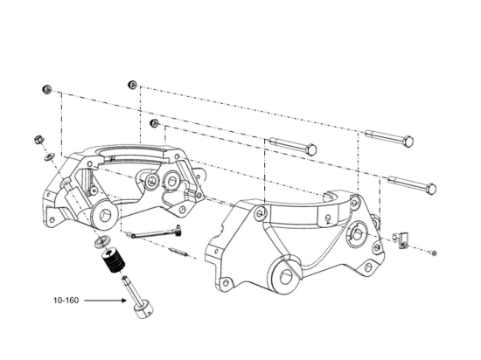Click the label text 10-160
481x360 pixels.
pyautogui.click(x=66, y=301)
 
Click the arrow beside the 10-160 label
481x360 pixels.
pyautogui.click(x=105, y=301)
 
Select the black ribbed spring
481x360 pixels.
pyautogui.click(x=114, y=261)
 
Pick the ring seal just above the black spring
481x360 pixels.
pyautogui.click(x=101, y=242)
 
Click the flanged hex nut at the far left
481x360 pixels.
pyautogui.click(x=39, y=140)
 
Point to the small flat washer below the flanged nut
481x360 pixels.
pyautogui.click(x=49, y=157)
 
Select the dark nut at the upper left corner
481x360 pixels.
pyautogui.click(x=46, y=89)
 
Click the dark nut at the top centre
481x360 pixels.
pyautogui.click(x=132, y=84)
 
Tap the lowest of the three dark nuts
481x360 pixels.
pyautogui.click(x=154, y=123)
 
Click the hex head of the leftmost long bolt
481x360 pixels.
pyautogui.click(x=311, y=149)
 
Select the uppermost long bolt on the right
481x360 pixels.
pyautogui.click(x=389, y=138)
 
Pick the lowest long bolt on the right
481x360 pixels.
pyautogui.click(x=412, y=184)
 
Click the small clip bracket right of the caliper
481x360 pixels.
pyautogui.click(x=401, y=240)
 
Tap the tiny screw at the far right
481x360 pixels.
pyautogui.click(x=434, y=253)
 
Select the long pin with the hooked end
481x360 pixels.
pyautogui.click(x=153, y=232)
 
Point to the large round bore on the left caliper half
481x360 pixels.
pyautogui.click(x=105, y=213)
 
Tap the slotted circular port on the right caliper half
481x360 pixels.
pyautogui.click(x=357, y=234)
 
